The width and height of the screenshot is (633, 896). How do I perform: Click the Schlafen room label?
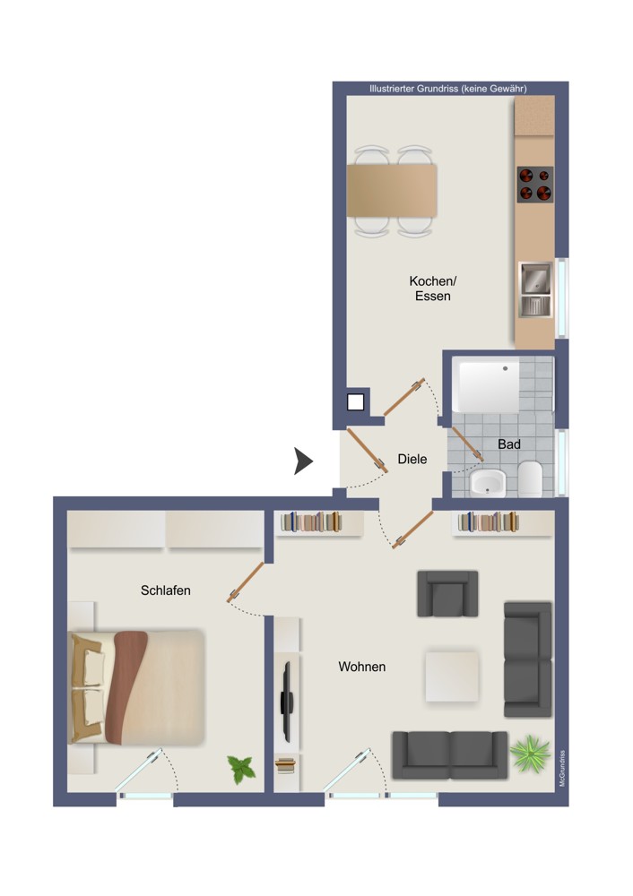pos(165,590)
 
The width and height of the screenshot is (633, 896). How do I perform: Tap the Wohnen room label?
pos(362,667)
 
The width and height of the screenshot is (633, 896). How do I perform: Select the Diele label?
pos(412,459)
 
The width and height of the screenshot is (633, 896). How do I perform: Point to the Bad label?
pos(509,444)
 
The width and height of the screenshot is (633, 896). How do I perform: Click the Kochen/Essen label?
pos(433,289)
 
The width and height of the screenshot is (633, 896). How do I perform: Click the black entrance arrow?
pos(303,461)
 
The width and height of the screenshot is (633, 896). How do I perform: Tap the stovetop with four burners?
pos(535,185)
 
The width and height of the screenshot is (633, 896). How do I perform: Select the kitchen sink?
pos(535,289)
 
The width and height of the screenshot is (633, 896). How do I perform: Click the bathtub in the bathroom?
pos(486,385)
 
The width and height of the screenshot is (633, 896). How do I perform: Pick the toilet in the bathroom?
pos(530,478)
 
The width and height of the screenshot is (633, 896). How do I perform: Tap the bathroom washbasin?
pos(488,483)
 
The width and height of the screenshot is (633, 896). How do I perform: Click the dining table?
pos(392,190)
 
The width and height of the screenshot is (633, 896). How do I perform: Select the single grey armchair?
pos(447,594)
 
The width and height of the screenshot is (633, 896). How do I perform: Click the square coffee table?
pos(452,676)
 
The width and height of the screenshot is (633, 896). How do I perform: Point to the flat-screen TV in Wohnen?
pos(287,702)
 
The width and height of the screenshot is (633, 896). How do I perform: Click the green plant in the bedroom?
pos(242,769)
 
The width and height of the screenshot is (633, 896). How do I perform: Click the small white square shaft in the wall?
pos(356,402)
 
